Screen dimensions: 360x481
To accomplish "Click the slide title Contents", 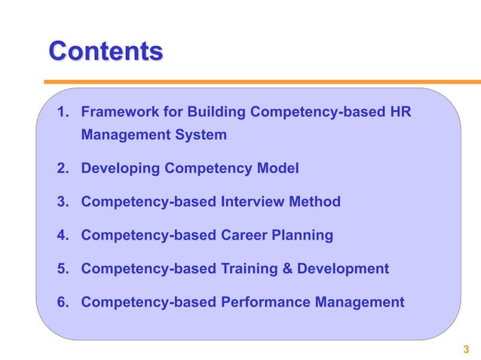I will [x=106, y=51].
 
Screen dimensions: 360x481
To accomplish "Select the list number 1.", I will [x=63, y=113].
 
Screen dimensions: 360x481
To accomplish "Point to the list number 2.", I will [x=63, y=169].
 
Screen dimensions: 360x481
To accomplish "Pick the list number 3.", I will [x=63, y=202].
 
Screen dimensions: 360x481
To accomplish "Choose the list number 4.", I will [x=63, y=236].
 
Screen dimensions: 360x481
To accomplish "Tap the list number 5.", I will [x=63, y=269].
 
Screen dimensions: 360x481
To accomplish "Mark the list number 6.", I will [x=63, y=303].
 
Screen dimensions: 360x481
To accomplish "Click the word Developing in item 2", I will [x=121, y=169].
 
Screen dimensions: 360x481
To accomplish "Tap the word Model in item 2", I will [x=277, y=169].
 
